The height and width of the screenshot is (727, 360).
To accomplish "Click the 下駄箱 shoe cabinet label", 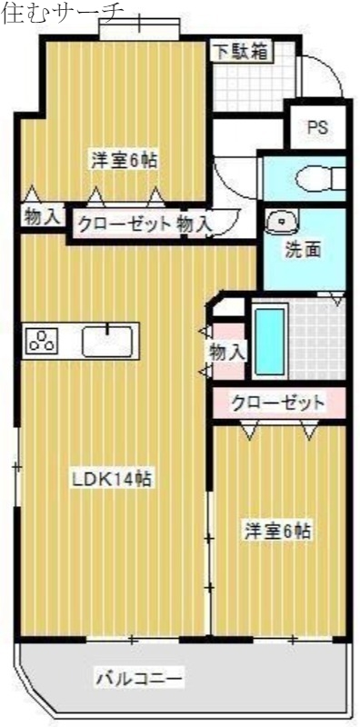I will tap(241, 51).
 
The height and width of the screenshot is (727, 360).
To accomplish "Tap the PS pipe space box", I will tap(316, 127).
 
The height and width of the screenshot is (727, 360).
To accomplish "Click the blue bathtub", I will tap(270, 342).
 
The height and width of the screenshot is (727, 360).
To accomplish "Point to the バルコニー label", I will tap(140, 677).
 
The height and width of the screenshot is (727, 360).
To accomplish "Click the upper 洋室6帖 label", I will tap(124, 161).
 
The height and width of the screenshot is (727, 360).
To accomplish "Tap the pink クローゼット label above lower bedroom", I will tap(277, 402).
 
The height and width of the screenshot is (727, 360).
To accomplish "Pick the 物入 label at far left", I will tap(42, 217).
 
